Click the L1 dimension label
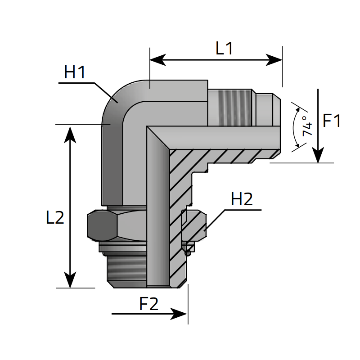[x=224, y=49]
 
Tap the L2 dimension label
[x=55, y=218]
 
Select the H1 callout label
[x=75, y=72]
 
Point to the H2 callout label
[x=242, y=199]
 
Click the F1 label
[x=332, y=121]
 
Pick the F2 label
[x=148, y=305]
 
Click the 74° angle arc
[x=293, y=127]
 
